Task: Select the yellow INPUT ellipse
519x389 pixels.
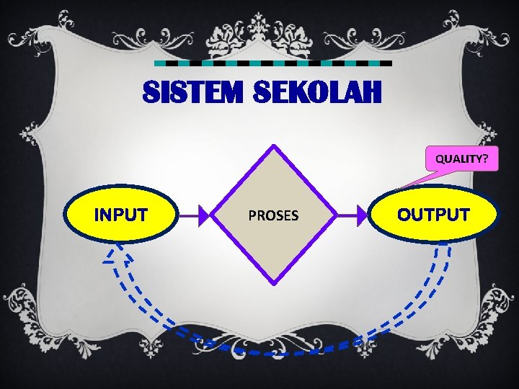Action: [121, 213]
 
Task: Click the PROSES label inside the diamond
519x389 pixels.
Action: [273, 215]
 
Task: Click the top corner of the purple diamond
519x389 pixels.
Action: [273, 147]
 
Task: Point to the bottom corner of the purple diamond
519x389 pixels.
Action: [273, 282]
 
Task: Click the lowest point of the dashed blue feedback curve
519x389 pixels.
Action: [274, 353]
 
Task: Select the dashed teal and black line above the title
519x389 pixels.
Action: [274, 63]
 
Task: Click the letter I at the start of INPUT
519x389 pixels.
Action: [98, 214]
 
